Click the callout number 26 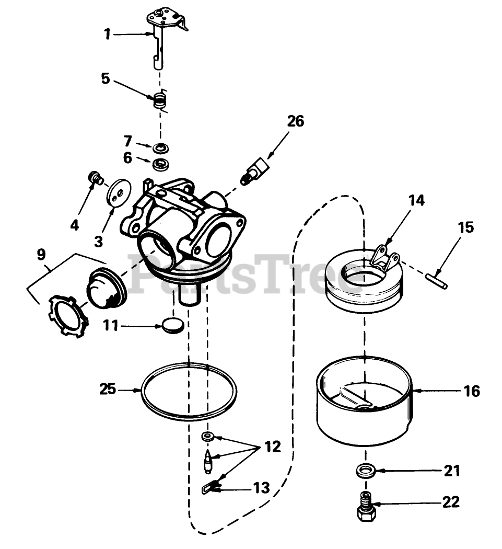click(x=295, y=121)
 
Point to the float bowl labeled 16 click(x=364, y=403)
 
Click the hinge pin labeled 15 click(x=436, y=277)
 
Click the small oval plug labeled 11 click(x=173, y=325)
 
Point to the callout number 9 click(x=41, y=255)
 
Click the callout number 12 click(x=272, y=447)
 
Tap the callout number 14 click(x=416, y=200)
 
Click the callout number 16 click(x=471, y=391)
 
